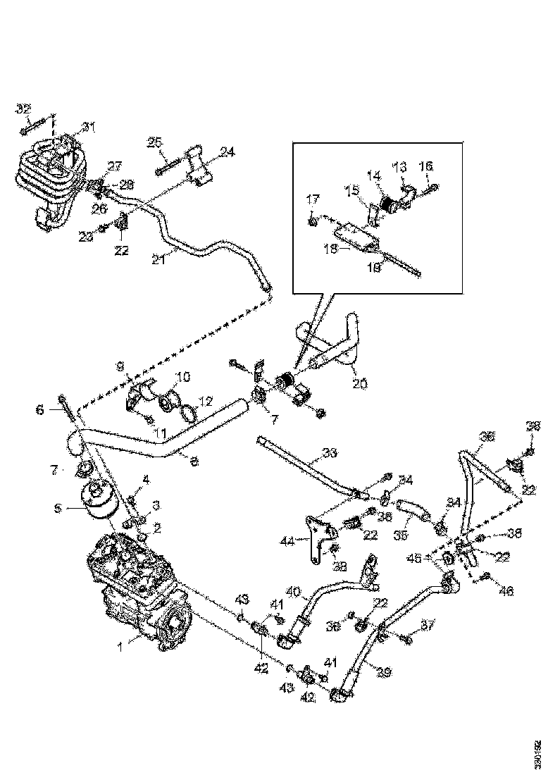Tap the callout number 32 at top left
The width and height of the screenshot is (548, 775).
pyautogui.click(x=23, y=108)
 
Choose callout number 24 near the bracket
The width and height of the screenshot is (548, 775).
pyautogui.click(x=227, y=151)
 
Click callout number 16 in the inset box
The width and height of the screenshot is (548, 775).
pyautogui.click(x=426, y=166)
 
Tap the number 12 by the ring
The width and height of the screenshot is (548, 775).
pyautogui.click(x=205, y=402)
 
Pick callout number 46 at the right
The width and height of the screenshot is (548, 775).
pyautogui.click(x=506, y=593)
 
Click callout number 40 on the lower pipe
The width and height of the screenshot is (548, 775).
pyautogui.click(x=293, y=591)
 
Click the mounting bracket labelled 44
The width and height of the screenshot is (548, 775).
pyautogui.click(x=316, y=532)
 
